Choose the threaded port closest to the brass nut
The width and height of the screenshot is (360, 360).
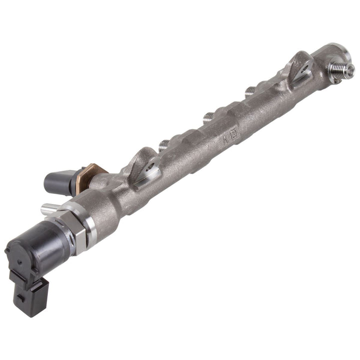[x=163, y=145]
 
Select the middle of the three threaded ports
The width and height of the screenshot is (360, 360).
[x=207, y=118]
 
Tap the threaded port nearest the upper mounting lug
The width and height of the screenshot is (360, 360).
[x=250, y=91]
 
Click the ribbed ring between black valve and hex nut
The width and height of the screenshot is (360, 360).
[x=70, y=235]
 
